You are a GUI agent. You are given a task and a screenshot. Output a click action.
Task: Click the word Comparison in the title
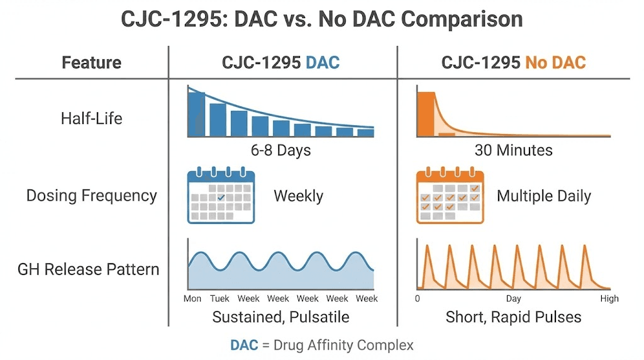click(462, 19)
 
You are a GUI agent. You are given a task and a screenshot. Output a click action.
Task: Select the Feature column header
click(91, 63)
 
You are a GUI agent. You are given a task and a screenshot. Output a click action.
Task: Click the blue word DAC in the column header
click(322, 63)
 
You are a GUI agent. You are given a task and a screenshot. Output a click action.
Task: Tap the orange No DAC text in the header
click(555, 63)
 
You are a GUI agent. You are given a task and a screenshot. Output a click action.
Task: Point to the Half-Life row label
click(91, 118)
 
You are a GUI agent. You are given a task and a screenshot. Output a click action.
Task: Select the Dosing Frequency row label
click(91, 196)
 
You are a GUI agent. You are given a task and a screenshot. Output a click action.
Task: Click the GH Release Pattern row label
click(88, 269)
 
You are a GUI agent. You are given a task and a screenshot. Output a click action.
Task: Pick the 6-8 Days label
click(280, 151)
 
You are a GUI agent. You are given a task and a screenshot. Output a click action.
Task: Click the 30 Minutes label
click(513, 151)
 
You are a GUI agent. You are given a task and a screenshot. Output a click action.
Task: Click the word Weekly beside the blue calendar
click(298, 196)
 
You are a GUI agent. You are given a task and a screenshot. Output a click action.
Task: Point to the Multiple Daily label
click(543, 196)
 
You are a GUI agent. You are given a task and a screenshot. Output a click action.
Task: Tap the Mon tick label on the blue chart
click(192, 298)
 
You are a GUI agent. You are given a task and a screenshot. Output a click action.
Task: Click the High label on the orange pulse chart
click(609, 298)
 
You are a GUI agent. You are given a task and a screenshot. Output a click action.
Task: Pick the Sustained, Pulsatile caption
click(280, 317)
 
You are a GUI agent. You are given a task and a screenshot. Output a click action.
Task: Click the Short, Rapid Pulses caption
click(513, 317)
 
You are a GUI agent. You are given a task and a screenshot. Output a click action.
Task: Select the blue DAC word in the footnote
click(244, 345)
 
